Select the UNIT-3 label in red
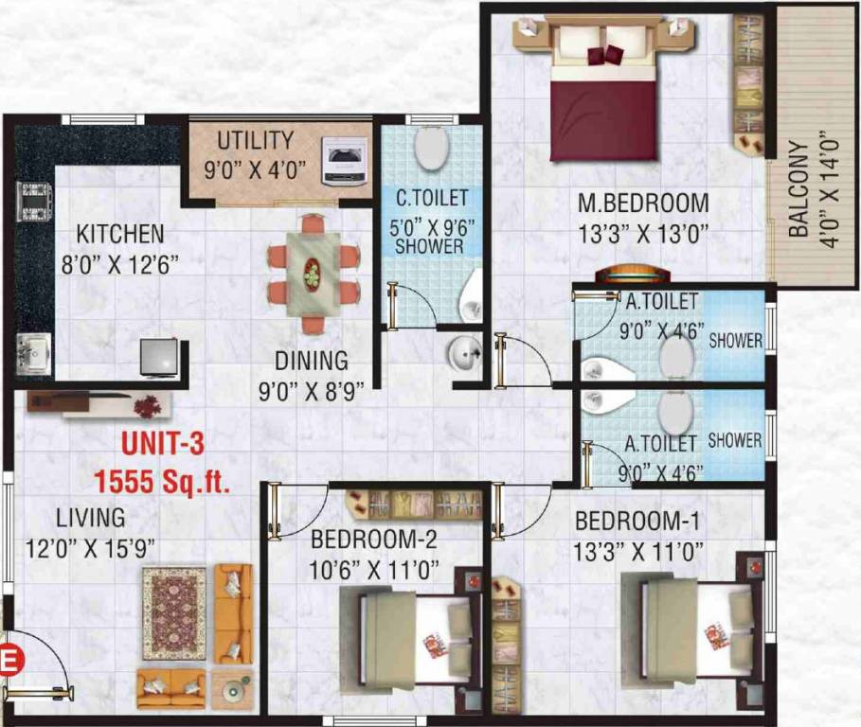click(x=161, y=443)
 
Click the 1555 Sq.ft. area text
click(x=162, y=483)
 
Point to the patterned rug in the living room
click(x=173, y=614)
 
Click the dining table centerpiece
click(x=312, y=275)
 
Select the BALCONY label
click(x=798, y=189)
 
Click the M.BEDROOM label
click(x=644, y=203)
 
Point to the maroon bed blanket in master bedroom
click(x=603, y=118)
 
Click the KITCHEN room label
click(x=119, y=233)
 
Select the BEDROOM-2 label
click(x=374, y=541)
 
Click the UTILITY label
click(x=255, y=141)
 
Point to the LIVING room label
click(x=90, y=518)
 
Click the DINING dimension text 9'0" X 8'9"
click(x=312, y=391)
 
